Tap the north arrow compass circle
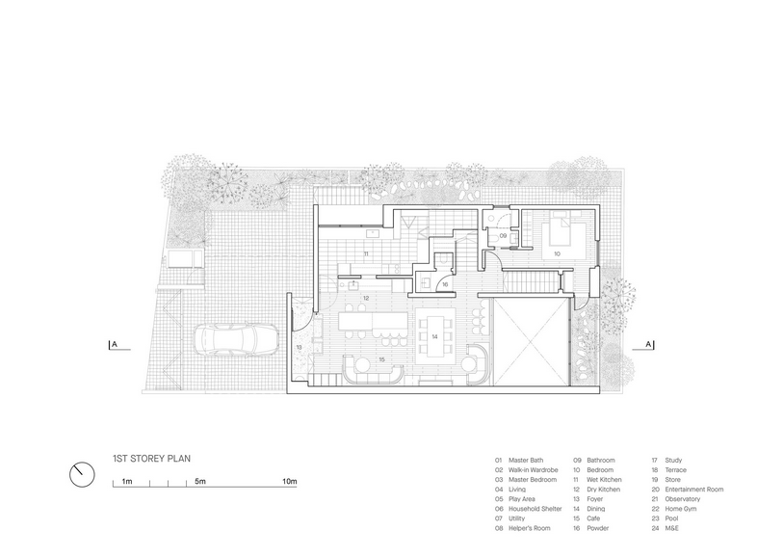tap(82, 474)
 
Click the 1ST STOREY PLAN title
tap(152, 458)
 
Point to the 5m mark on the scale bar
tap(199, 482)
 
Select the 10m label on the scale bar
tap(290, 482)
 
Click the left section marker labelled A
tap(115, 345)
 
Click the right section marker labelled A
tap(649, 345)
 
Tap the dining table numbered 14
tap(435, 335)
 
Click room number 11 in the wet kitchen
tap(366, 254)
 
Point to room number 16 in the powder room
tap(445, 284)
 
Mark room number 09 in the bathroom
tap(503, 235)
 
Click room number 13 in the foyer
tap(299, 347)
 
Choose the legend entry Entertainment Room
tap(694, 489)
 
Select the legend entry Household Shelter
tap(535, 509)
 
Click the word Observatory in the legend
tap(682, 499)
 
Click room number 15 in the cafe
tap(381, 359)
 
